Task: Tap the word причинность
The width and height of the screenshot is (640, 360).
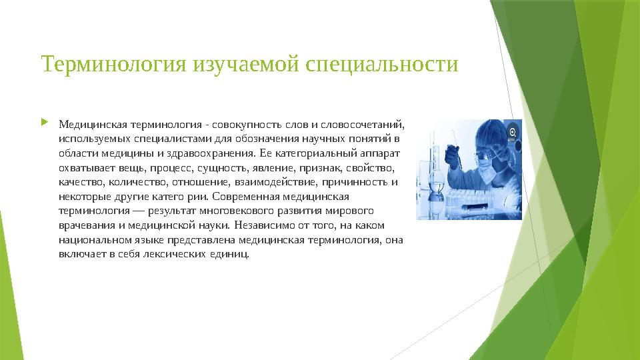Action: (359, 182)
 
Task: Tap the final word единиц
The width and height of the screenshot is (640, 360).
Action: (235, 255)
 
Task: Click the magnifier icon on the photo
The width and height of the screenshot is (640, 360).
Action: (513, 133)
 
